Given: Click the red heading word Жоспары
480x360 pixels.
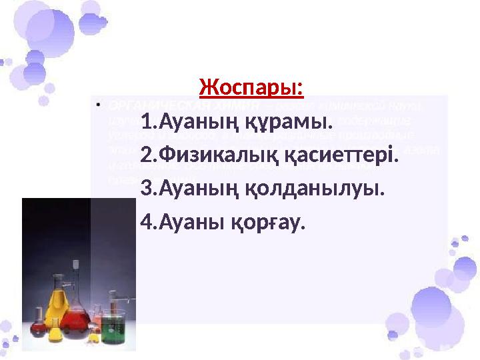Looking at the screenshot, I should coord(251,87).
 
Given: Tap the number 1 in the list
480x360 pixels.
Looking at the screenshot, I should coord(146,123).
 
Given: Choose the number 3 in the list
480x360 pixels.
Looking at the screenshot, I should coord(146,189).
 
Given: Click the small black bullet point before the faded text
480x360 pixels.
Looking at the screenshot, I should coord(98,105).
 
